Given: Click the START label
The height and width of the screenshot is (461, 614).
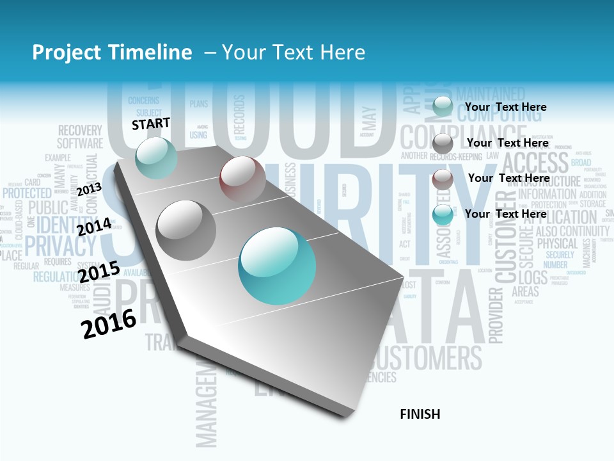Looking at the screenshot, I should point(151,123).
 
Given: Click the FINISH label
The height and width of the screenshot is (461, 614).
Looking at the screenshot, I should point(420,414).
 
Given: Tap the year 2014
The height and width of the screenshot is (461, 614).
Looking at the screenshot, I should point(94,227).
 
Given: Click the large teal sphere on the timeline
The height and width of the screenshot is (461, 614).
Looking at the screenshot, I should point(276,266).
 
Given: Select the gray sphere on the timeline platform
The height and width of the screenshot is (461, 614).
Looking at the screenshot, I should point(185,230).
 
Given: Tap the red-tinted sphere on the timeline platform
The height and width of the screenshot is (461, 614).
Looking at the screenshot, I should point(242,179).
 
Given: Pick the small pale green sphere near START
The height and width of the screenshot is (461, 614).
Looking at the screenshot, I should point(156,158).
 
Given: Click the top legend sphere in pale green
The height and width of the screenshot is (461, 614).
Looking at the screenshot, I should point(442,106).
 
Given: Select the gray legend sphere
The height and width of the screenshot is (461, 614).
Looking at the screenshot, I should point(443,143).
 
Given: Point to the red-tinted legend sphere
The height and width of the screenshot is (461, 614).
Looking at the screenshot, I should point(443,179).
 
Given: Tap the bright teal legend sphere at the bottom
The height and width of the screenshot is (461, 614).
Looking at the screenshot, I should point(443,215).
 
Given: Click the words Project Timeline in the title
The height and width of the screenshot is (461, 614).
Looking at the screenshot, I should point(112,53).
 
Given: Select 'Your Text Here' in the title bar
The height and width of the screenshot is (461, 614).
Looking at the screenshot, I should point(293,53).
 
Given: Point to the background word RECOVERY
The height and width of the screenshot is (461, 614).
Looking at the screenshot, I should point(80,130).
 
